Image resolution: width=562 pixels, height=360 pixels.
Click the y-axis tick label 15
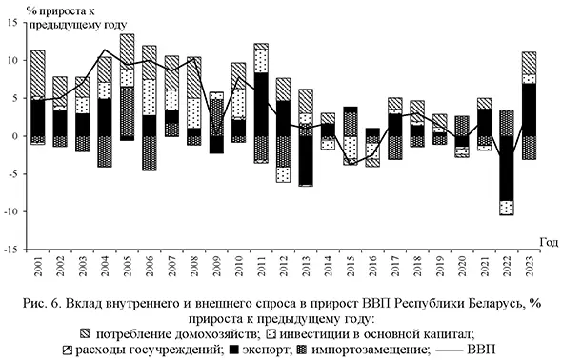coord(13,23)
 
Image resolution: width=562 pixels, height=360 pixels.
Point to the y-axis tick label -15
coord(11,249)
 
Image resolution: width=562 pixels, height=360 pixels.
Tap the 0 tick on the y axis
coord(17,136)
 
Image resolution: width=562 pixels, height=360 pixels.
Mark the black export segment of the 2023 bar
coord(529,110)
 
